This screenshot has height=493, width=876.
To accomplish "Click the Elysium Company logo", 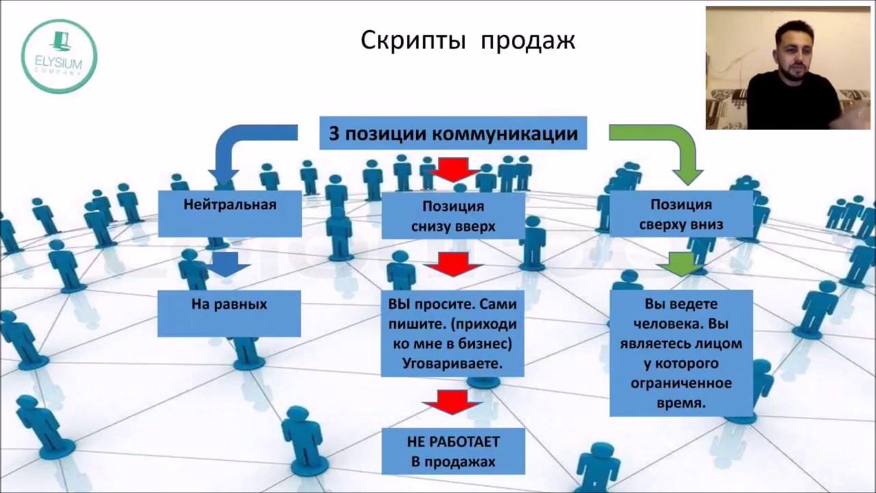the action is tap(60, 56).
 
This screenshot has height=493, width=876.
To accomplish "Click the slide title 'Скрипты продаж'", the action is tap(468, 41).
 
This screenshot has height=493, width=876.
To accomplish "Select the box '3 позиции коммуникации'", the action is tap(453, 133).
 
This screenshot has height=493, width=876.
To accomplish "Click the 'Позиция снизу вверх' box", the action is tap(453, 215).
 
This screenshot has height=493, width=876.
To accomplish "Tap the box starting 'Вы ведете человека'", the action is tap(681, 353).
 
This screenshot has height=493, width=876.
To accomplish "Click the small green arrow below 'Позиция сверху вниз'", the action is tap(681, 264).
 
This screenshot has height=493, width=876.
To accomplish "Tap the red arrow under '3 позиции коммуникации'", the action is tap(452, 169).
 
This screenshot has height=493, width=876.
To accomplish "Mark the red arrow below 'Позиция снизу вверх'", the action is tap(452, 264).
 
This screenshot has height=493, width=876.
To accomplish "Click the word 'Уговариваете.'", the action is tap(452, 364).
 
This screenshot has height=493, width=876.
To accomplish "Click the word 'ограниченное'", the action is tap(681, 382).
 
